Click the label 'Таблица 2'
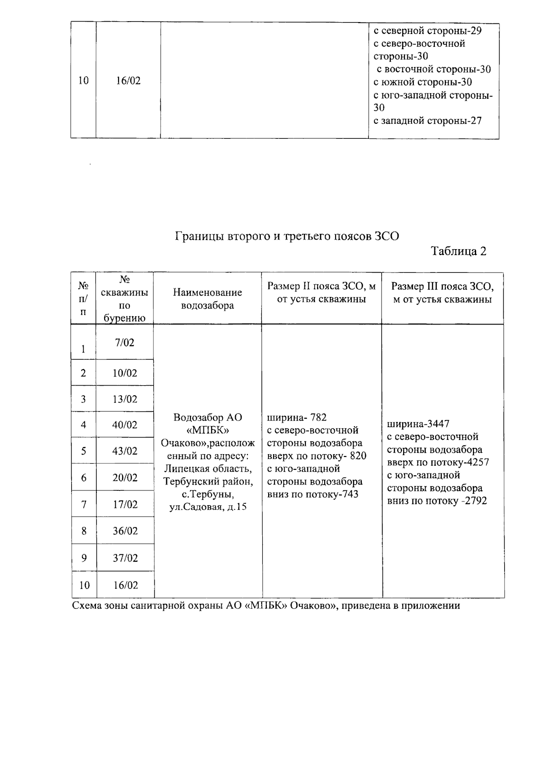(458, 251)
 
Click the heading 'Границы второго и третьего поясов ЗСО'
(287, 236)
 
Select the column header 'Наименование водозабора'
(207, 299)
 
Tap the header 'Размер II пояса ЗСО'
(321, 293)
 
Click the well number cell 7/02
(125, 342)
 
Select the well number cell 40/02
(125, 425)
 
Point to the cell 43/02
(125, 451)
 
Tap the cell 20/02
(125, 478)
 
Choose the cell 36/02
(125, 531)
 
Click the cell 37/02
(125, 558)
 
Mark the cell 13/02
(125, 399)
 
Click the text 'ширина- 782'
(297, 417)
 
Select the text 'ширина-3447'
(418, 423)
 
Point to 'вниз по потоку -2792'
(437, 501)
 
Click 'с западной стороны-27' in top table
(427, 121)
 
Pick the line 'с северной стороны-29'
(427, 31)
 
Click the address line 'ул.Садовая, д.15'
(208, 507)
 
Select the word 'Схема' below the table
(87, 605)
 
